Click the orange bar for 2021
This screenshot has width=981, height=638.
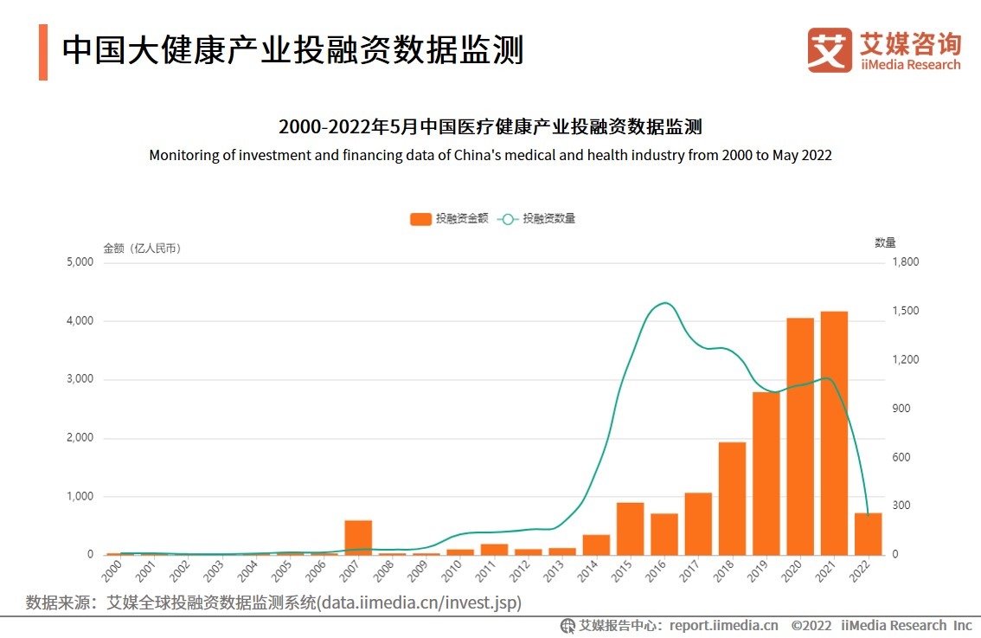tap(834, 433)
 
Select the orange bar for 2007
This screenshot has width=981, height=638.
tap(358, 538)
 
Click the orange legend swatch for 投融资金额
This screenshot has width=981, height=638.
tap(420, 219)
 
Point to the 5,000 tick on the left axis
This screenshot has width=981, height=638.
tap(79, 262)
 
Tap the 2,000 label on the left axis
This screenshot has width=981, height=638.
tap(79, 438)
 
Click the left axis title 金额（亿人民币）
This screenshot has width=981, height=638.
tap(142, 248)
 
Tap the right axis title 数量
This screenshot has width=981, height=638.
tap(885, 242)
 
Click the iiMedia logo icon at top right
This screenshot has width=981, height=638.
tap(829, 50)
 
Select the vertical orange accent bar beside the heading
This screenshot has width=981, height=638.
tap(43, 52)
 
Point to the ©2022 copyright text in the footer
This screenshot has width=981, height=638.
tap(811, 625)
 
